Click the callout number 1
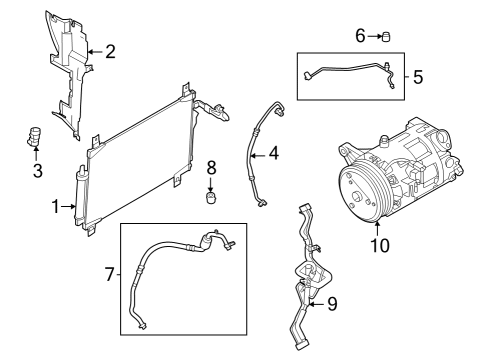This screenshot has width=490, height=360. [x=57, y=207]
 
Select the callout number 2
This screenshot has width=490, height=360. [x=110, y=50]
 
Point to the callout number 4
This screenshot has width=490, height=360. [x=273, y=154]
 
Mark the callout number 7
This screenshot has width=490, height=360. [x=111, y=272]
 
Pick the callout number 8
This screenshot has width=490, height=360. [x=211, y=166]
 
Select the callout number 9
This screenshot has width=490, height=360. [x=332, y=303]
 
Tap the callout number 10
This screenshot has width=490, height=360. [x=378, y=243]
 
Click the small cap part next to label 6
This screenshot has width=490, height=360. [x=388, y=37]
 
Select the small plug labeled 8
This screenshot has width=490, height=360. [x=211, y=196]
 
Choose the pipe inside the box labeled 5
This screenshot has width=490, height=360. [x=345, y=68]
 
